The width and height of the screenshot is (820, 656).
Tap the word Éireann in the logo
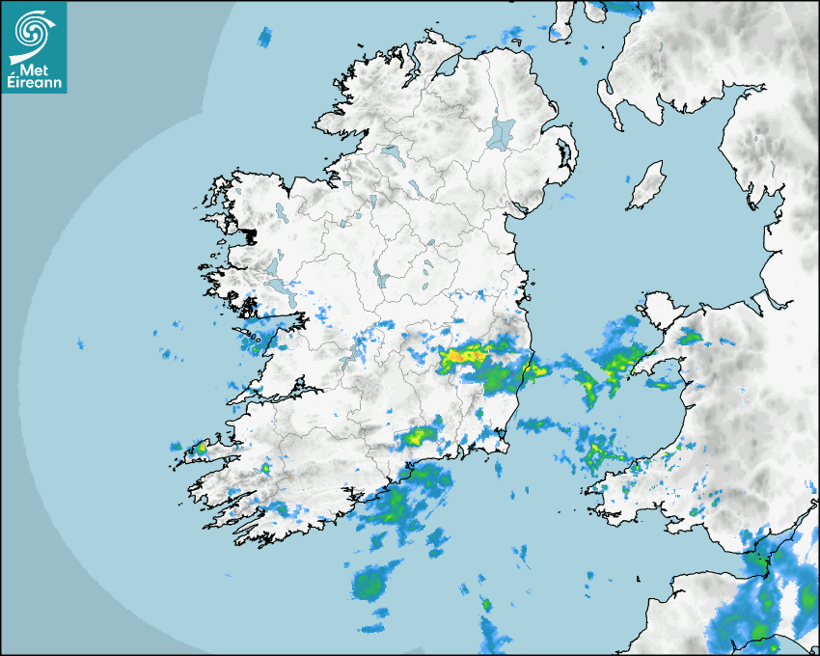point(34,84)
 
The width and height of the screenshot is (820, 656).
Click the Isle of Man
point(647,185)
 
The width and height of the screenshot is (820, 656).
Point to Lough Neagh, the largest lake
point(502,132)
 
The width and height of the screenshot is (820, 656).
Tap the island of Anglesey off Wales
point(660,312)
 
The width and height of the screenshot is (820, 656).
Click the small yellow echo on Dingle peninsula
point(201,448)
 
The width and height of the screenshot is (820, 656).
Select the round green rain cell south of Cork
point(368,584)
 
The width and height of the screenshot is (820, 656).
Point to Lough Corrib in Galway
point(274,265)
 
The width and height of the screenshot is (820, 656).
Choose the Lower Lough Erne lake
point(391,152)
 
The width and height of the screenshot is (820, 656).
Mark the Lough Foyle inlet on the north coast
point(447,66)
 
